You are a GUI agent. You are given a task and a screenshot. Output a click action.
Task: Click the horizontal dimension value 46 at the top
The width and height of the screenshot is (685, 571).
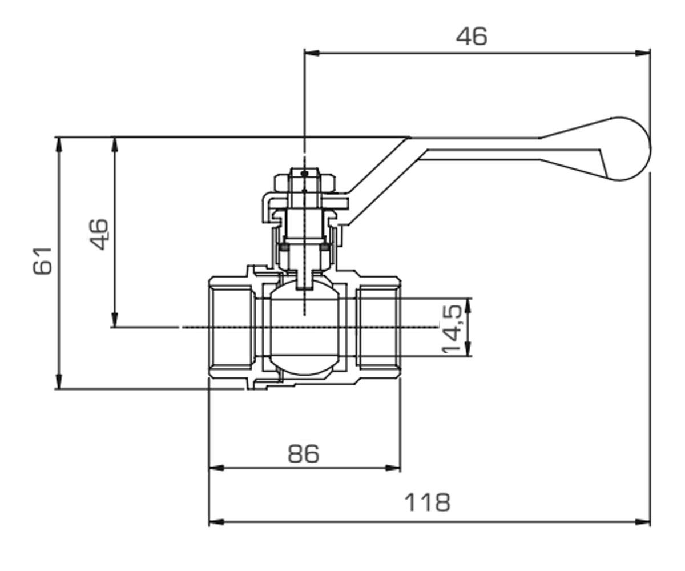click(472, 36)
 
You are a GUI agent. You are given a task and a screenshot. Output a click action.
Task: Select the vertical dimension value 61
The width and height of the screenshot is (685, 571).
click(43, 261)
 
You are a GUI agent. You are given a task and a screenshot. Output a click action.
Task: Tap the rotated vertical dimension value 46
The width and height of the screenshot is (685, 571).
click(98, 234)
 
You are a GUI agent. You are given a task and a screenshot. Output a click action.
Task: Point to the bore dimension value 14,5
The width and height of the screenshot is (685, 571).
click(452, 329)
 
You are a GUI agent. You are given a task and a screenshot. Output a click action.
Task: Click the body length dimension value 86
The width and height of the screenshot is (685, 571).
click(304, 454)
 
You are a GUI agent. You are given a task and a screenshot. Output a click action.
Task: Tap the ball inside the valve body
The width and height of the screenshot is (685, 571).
click(305, 328)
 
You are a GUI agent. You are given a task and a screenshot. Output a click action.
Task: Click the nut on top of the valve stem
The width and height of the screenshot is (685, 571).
click(305, 184)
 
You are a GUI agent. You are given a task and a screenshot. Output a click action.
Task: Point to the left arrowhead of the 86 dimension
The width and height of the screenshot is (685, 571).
click(216, 468)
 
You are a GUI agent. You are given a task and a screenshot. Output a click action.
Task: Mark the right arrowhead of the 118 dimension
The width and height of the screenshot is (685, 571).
click(643, 522)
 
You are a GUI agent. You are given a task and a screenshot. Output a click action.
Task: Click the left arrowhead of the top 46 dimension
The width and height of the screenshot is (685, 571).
click(312, 53)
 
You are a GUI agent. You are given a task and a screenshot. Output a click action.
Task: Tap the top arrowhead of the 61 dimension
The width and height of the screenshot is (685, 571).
click(59, 144)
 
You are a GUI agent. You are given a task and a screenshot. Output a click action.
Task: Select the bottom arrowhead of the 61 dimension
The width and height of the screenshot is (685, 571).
click(59, 381)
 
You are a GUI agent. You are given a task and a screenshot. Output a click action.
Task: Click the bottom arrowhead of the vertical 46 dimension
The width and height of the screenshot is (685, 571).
click(115, 320)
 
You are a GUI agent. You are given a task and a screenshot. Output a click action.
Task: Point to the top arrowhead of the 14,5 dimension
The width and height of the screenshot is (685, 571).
click(469, 305)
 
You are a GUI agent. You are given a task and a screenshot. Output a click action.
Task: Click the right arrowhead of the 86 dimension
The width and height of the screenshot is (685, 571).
click(393, 468)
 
